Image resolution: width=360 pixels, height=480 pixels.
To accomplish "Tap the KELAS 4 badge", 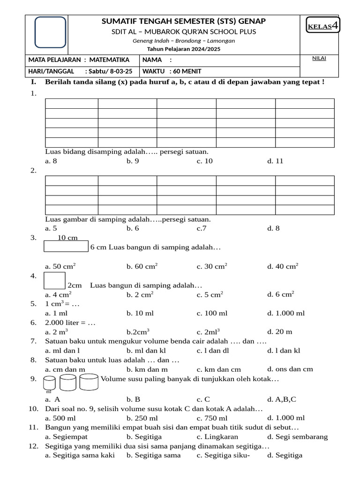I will click(x=323, y=26).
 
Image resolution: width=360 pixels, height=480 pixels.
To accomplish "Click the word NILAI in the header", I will click(x=319, y=58).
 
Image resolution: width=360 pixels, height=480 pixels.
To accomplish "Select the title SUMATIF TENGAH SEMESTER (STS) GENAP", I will click(x=183, y=21).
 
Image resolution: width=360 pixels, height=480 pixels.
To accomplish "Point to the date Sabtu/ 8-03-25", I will click(x=109, y=71).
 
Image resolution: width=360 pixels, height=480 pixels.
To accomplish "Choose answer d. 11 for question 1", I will click(x=275, y=161).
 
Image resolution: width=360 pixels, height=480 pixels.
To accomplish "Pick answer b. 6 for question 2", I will click(x=133, y=228).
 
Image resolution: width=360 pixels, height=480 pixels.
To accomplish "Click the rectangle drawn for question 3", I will click(x=66, y=247).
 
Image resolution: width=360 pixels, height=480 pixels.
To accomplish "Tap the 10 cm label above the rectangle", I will click(x=67, y=238).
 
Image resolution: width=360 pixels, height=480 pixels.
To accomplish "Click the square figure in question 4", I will click(x=54, y=281).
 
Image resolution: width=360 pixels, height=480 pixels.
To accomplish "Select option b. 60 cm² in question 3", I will click(x=142, y=266).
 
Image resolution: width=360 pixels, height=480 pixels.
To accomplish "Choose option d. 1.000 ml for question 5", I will click(x=286, y=313).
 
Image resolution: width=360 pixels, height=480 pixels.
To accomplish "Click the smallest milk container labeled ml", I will click(x=49, y=384).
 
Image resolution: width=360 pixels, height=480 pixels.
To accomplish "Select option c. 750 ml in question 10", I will click(x=212, y=418).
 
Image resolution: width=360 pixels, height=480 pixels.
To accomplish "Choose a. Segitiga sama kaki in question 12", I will click(x=80, y=455).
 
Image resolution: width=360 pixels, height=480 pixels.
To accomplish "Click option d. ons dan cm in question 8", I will click(x=290, y=369).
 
